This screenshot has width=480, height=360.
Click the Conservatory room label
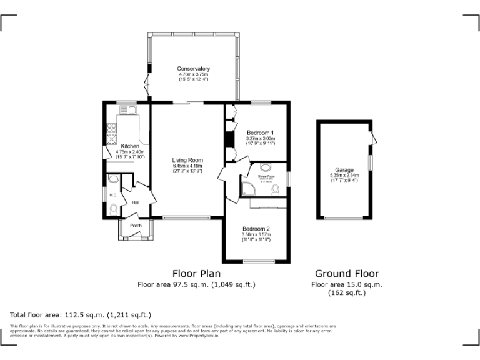[x=193, y=68]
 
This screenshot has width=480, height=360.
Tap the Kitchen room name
[x=130, y=146]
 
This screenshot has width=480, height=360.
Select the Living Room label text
[x=187, y=160]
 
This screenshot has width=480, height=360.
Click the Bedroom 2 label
[x=256, y=228]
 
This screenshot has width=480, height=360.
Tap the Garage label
[x=344, y=170]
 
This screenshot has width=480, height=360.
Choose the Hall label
[x=136, y=202]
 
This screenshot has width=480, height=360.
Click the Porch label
[x=136, y=226]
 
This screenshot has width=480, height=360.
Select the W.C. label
[x=113, y=195]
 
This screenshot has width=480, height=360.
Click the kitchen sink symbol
[x=129, y=110]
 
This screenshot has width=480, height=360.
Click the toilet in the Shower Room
[x=276, y=189]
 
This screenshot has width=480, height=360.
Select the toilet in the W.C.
[x=113, y=209]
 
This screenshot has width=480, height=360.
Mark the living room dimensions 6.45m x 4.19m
[x=187, y=166]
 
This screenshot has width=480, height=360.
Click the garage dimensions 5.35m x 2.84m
[x=344, y=176]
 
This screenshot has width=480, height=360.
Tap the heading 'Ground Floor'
[x=346, y=273]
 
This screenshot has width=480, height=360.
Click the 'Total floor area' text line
[x=81, y=314]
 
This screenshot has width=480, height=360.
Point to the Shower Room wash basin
[x=264, y=167]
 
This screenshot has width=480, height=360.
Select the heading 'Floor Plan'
[x=196, y=273]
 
